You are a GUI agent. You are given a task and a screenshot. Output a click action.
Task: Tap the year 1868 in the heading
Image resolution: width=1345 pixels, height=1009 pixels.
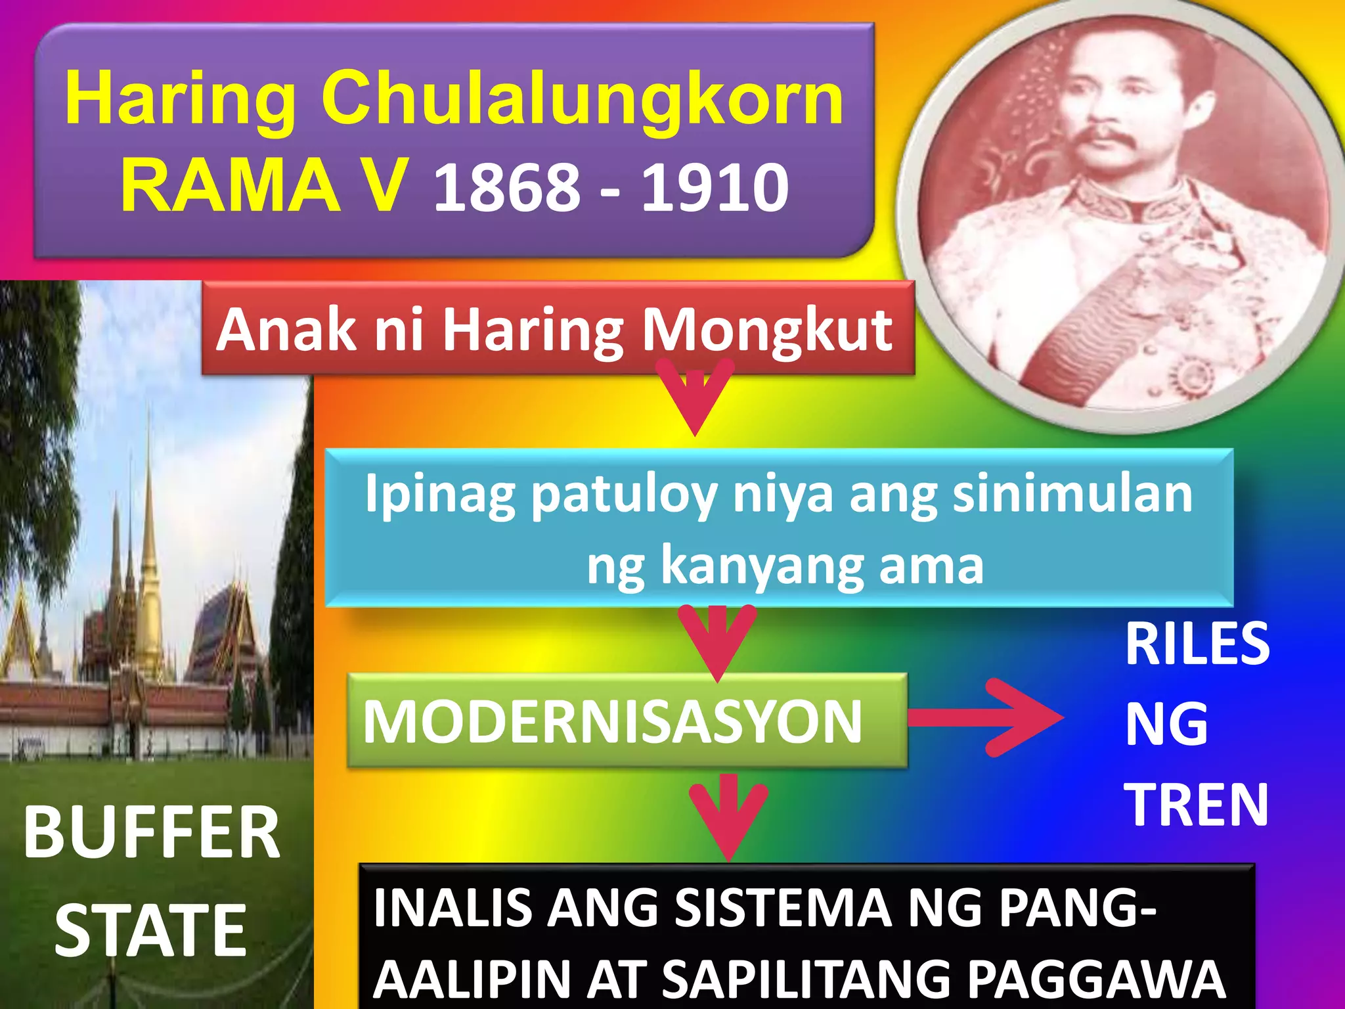coord(507,188)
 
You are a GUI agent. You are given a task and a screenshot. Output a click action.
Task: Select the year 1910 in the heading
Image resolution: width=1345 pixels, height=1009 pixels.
coord(715,188)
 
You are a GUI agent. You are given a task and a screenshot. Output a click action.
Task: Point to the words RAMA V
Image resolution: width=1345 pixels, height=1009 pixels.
coord(263,185)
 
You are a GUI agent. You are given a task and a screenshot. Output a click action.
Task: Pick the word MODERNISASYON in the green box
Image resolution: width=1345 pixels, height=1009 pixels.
coord(612,721)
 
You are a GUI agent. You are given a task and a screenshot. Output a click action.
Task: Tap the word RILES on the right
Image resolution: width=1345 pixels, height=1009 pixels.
coord(1197,644)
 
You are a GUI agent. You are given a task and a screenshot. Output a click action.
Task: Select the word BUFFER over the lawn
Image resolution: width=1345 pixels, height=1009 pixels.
coord(152,833)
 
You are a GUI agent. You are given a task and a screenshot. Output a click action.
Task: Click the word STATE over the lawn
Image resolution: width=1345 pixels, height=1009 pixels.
coord(150,930)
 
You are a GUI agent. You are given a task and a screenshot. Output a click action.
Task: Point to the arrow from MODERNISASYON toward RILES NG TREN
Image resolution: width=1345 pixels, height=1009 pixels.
coord(985,717)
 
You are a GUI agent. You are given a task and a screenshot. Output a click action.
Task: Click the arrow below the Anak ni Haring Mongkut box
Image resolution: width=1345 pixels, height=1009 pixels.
coord(696,397)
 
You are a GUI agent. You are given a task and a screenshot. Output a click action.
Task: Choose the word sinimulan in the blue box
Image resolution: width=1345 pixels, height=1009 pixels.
coord(1072,494)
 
